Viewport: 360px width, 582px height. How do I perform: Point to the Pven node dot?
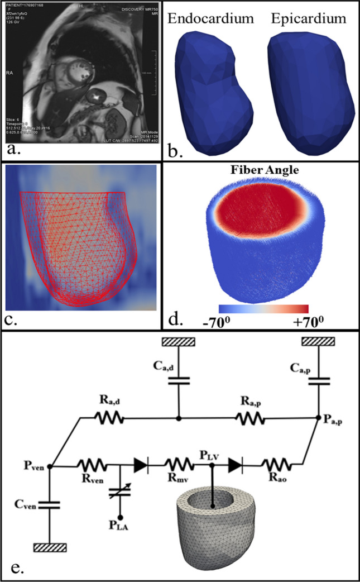[51, 466]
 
